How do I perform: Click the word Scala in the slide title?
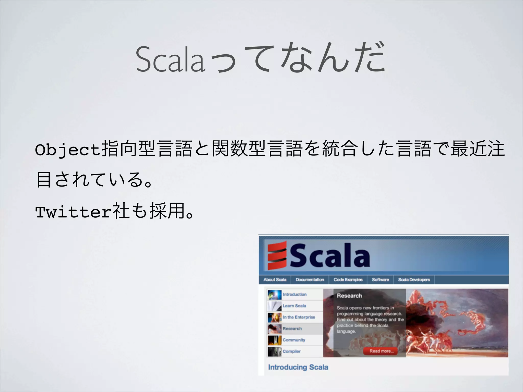click(170, 59)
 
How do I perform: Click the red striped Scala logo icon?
click(277, 255)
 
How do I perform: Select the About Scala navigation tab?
click(275, 279)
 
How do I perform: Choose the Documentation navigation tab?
click(310, 279)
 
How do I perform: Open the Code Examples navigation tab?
click(348, 279)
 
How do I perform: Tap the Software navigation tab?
click(380, 279)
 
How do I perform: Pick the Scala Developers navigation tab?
click(414, 279)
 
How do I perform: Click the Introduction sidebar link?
click(294, 294)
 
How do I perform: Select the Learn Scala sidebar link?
click(294, 306)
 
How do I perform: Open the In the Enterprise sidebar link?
click(299, 317)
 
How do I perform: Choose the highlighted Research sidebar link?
click(292, 328)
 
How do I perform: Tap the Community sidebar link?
click(294, 340)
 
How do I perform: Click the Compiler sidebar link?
click(292, 351)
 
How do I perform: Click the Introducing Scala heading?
click(298, 367)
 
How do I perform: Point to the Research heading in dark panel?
click(349, 296)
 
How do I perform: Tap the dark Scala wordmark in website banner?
click(329, 255)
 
